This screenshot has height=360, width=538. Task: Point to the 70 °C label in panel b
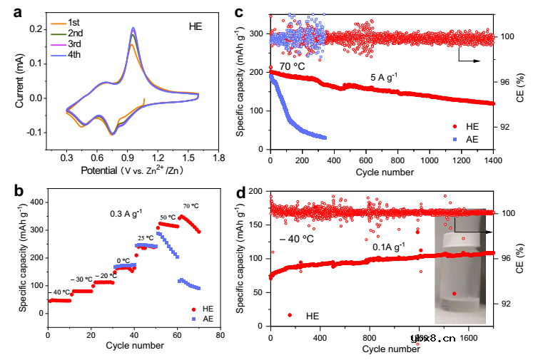tap(191, 206)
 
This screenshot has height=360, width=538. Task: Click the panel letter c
tap(259, 12)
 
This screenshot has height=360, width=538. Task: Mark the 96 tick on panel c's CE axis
tap(508, 82)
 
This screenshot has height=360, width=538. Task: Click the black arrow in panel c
tap(469, 56)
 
